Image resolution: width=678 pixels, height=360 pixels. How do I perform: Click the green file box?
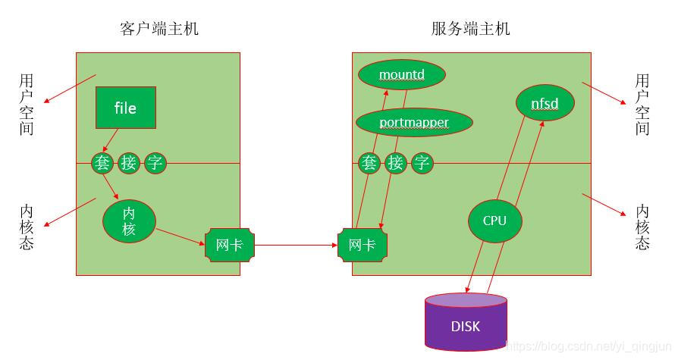pyautogui.click(x=125, y=107)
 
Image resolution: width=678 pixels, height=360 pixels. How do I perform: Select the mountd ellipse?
pyautogui.click(x=401, y=74)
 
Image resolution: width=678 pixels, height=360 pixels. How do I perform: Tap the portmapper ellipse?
pyautogui.click(x=414, y=122)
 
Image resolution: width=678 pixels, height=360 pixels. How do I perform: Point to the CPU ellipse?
pyautogui.click(x=494, y=221)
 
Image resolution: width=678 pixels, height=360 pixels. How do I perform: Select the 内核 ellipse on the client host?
pyautogui.click(x=129, y=221)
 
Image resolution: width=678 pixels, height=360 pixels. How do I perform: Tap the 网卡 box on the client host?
pyautogui.click(x=229, y=245)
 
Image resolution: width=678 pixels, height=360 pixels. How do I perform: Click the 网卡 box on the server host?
pyautogui.click(x=363, y=245)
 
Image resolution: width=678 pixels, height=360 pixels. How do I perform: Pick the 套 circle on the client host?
pyautogui.click(x=102, y=163)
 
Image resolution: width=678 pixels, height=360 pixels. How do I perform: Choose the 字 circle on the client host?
pyautogui.click(x=155, y=163)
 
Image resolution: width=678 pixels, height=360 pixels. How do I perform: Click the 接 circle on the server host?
pyautogui.click(x=396, y=163)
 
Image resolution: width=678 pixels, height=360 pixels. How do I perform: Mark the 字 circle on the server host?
pyautogui.click(x=422, y=163)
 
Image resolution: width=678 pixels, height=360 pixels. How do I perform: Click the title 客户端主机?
pyautogui.click(x=159, y=29)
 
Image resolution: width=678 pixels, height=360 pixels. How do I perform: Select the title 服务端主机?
pyautogui.click(x=470, y=29)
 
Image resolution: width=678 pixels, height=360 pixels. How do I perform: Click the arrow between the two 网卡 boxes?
pyautogui.click(x=296, y=245)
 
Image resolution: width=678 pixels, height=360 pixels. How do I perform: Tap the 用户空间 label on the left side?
pyautogui.click(x=27, y=104)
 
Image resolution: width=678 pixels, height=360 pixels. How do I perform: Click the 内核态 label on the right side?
pyautogui.click(x=642, y=227)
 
